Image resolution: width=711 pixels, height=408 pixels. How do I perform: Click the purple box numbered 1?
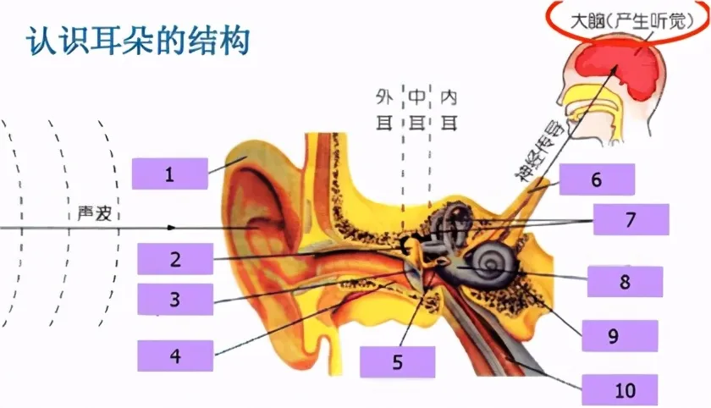[169, 174]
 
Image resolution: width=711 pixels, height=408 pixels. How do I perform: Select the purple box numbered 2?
[175, 258]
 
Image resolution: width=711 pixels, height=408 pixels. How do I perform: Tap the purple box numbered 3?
[175, 299]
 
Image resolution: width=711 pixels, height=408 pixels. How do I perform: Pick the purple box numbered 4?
[175, 356]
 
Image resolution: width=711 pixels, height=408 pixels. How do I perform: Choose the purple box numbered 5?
[397, 362]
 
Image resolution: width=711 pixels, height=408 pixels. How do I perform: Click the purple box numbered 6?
[596, 179]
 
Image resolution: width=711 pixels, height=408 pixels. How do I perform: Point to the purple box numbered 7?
[631, 219]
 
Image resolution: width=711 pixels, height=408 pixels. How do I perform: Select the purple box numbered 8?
[625, 282]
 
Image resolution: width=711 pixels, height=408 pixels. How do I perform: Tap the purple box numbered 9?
[613, 336]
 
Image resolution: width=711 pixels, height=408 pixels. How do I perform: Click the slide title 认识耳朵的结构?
[137, 41]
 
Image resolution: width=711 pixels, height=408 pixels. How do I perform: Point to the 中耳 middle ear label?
[416, 108]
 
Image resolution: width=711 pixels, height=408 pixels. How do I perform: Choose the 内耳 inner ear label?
[449, 108]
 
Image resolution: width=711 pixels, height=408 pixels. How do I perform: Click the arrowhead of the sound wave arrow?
[174, 228]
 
